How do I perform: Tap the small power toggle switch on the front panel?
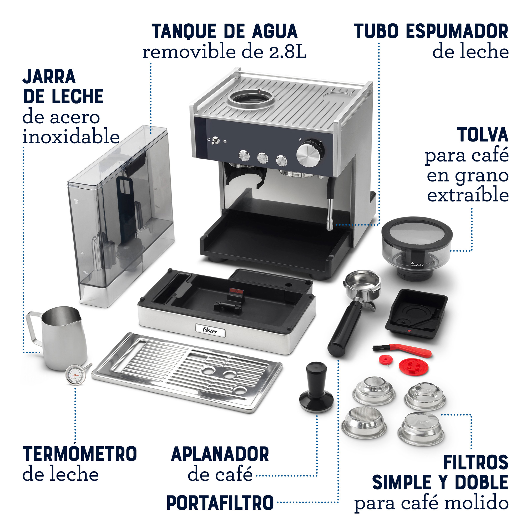tap(216, 140)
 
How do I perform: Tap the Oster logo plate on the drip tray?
tap(210, 331)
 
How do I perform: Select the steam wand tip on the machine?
tap(330, 224)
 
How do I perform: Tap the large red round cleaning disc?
tap(413, 366)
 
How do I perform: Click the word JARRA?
tap(49, 77)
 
